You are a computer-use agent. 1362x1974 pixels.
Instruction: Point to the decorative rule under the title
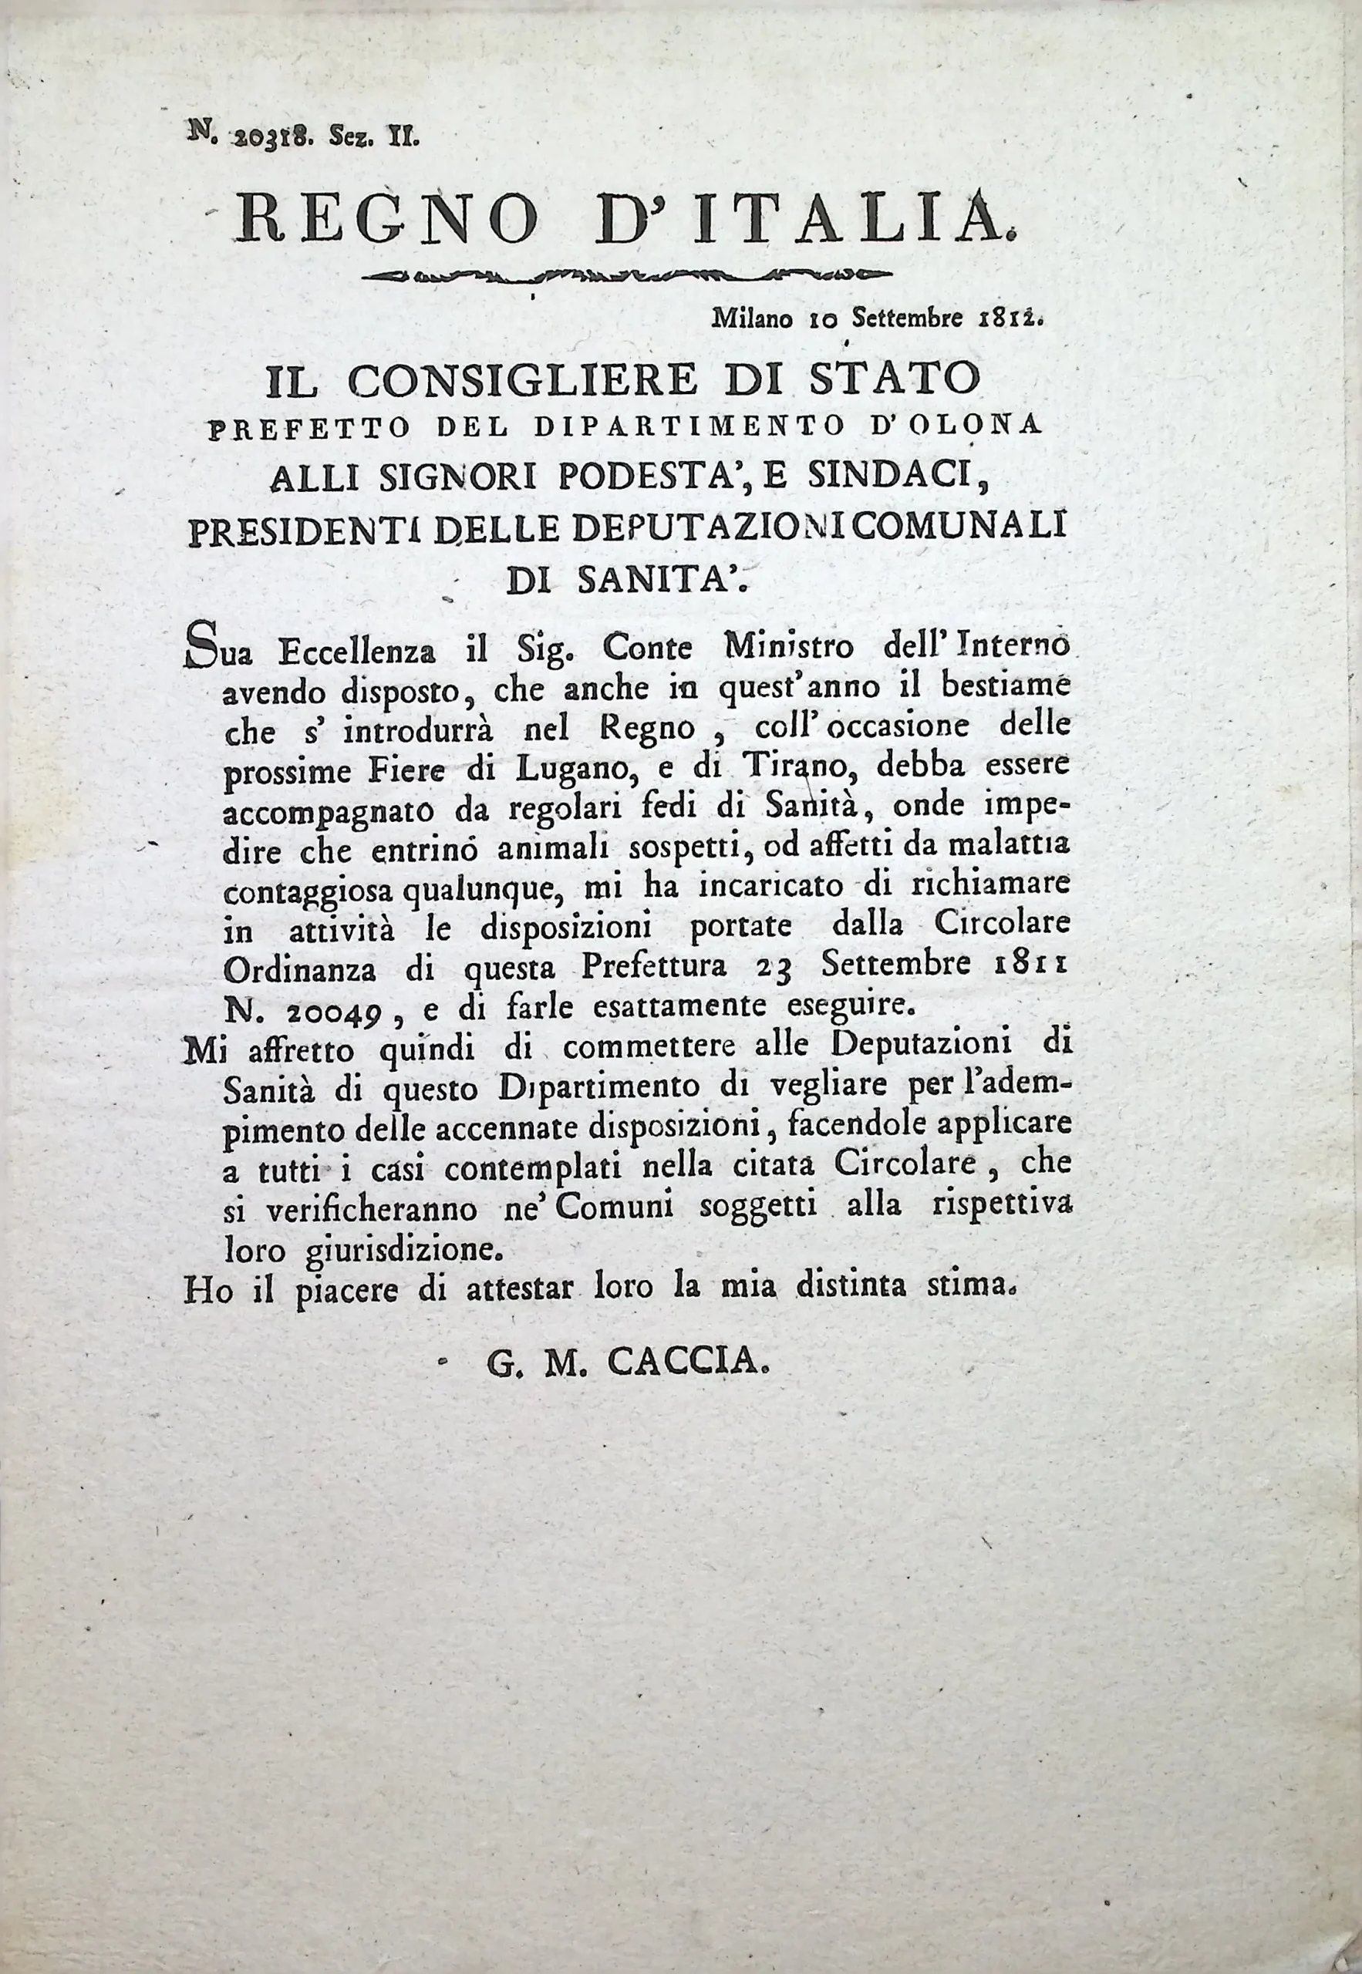click(627, 275)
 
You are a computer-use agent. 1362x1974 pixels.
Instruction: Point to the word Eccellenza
click(359, 652)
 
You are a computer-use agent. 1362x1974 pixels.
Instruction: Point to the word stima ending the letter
click(971, 1287)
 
